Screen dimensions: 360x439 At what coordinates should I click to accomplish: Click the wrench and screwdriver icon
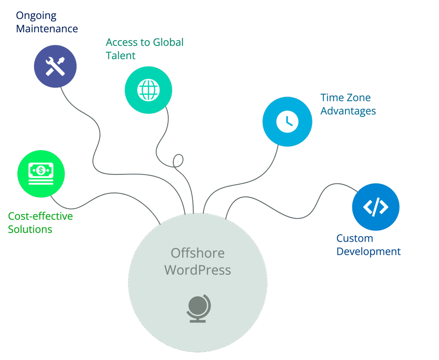click(x=55, y=66)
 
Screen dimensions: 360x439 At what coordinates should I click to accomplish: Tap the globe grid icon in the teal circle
click(x=148, y=90)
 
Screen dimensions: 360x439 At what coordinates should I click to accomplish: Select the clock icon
click(x=287, y=121)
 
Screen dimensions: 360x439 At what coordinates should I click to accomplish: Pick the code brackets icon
click(x=376, y=207)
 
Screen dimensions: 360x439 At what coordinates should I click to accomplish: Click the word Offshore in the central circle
click(x=198, y=253)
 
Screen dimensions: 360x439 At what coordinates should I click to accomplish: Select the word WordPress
click(x=198, y=270)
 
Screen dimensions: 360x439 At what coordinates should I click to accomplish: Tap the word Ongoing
click(x=36, y=16)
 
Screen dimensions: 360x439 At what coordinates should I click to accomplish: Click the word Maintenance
click(x=47, y=29)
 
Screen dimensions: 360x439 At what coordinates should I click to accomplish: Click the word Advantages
click(x=348, y=111)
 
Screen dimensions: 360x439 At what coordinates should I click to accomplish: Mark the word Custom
click(x=354, y=238)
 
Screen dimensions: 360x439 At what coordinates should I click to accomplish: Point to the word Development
click(x=368, y=252)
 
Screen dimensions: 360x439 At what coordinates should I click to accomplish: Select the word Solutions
click(x=30, y=229)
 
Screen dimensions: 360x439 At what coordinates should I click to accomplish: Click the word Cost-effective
click(x=40, y=216)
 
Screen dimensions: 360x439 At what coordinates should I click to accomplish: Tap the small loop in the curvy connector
click(x=178, y=160)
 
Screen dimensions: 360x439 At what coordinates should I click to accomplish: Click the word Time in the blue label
click(x=331, y=98)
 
